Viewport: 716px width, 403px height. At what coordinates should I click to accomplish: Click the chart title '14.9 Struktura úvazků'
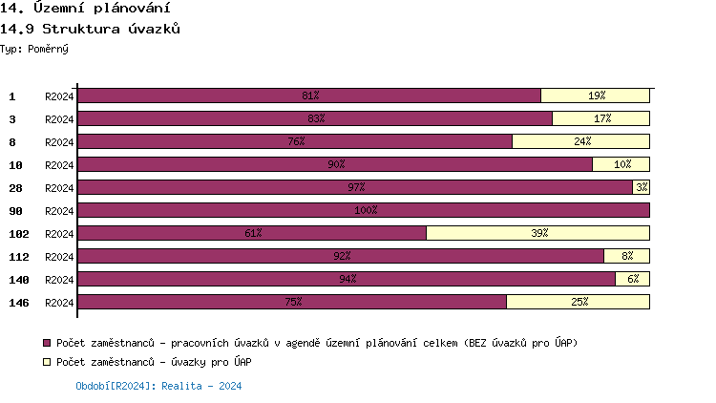click(92, 29)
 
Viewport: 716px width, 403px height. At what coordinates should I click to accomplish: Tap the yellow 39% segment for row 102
click(537, 233)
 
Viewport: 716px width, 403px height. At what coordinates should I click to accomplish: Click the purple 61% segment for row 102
click(252, 233)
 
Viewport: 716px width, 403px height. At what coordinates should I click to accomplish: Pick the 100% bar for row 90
click(364, 210)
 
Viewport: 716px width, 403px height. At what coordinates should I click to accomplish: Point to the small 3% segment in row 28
click(641, 187)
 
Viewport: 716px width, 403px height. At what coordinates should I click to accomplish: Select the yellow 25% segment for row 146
click(578, 302)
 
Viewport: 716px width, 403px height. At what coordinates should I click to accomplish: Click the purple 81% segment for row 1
click(309, 95)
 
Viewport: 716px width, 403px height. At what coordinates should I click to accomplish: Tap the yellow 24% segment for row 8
click(580, 141)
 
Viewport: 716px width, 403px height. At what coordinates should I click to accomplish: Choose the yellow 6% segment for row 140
click(632, 279)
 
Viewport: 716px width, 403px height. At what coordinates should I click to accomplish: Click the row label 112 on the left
click(19, 257)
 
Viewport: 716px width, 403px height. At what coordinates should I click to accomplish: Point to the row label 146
click(19, 303)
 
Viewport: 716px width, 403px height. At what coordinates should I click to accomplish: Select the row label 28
click(16, 188)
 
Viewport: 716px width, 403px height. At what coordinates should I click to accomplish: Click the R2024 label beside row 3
click(59, 119)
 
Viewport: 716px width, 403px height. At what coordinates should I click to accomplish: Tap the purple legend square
click(47, 343)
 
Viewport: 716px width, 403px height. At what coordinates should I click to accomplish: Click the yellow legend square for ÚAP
click(47, 363)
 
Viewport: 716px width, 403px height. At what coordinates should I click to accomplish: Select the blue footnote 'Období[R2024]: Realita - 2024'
click(158, 386)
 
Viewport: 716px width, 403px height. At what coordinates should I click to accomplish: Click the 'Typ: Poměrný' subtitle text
click(34, 48)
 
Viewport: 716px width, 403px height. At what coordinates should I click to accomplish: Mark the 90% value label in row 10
click(336, 164)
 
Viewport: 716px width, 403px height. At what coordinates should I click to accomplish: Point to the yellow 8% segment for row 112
click(626, 256)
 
